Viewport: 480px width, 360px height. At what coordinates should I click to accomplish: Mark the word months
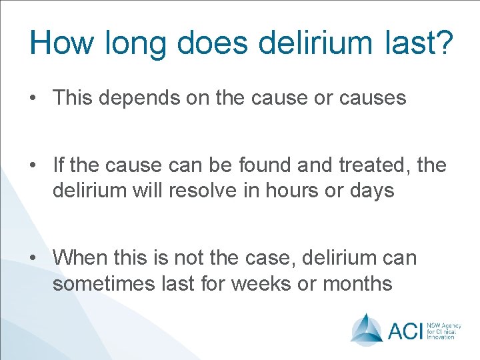[357, 283]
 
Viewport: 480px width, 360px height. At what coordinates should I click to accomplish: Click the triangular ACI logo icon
[367, 328]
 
